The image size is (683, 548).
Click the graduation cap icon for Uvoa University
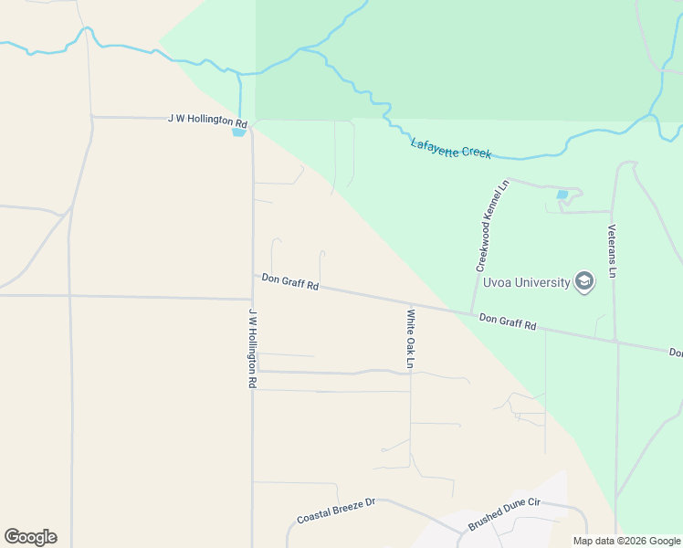pyautogui.click(x=583, y=281)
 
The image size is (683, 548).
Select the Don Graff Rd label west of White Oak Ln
pyautogui.click(x=289, y=282)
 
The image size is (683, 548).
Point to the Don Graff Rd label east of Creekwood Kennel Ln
pyautogui.click(x=507, y=321)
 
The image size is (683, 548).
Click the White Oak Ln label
pyautogui.click(x=411, y=339)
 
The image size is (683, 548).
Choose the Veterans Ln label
pyautogui.click(x=614, y=251)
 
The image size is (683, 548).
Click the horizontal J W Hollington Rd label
pyautogui.click(x=207, y=120)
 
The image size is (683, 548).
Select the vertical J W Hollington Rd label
pyautogui.click(x=252, y=348)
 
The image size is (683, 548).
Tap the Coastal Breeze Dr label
pyautogui.click(x=336, y=511)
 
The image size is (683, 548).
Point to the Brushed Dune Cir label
pyautogui.click(x=504, y=515)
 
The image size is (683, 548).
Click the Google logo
pyautogui.click(x=30, y=537)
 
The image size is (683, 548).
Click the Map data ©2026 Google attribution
pyautogui.click(x=625, y=541)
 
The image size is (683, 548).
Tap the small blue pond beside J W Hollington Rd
pyautogui.click(x=239, y=132)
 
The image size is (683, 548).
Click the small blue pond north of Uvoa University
pyautogui.click(x=562, y=195)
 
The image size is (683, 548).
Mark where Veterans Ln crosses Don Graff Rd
pyautogui.click(x=615, y=341)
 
